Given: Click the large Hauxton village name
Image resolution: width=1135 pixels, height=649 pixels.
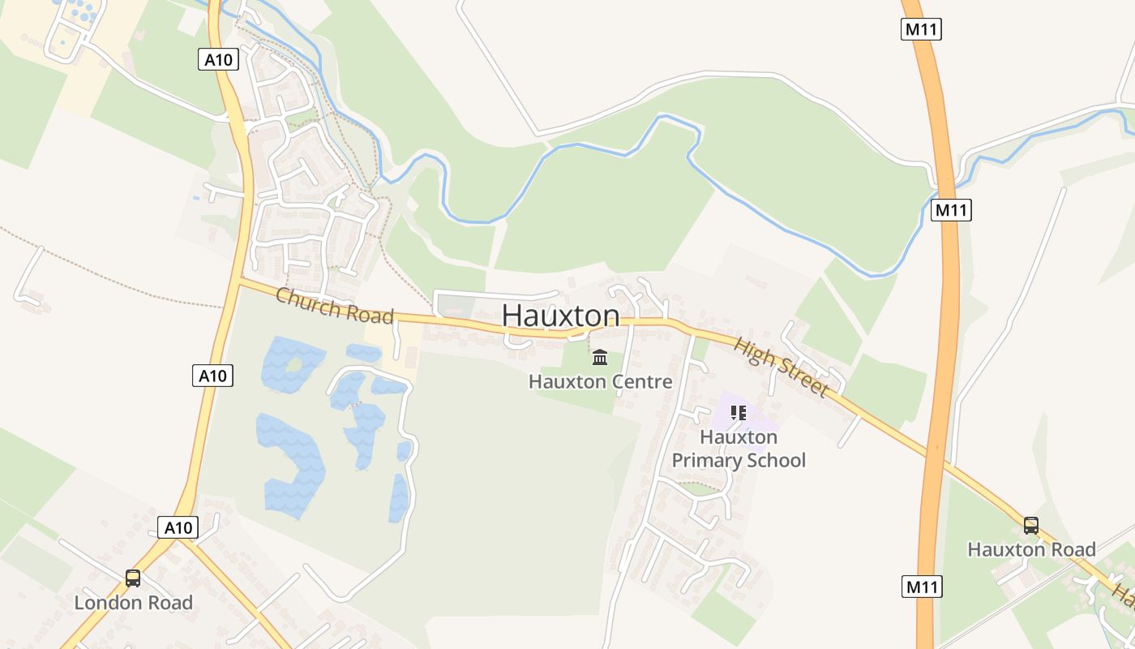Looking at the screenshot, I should click(561, 316).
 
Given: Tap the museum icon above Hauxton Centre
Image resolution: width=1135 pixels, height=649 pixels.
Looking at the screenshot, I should click(600, 357).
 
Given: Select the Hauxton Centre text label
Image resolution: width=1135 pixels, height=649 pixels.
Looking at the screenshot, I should click(600, 381).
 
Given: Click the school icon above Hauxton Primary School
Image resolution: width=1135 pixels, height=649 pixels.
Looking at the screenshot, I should click(738, 413).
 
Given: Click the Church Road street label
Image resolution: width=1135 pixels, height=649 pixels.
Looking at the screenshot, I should click(334, 306).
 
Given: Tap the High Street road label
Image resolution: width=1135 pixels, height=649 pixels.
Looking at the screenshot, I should click(782, 367).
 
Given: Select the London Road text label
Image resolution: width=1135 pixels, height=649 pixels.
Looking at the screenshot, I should click(134, 603).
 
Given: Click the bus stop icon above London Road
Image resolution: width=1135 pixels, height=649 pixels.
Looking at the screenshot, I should click(133, 578).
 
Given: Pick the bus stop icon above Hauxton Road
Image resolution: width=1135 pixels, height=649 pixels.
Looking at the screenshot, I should click(1031, 525).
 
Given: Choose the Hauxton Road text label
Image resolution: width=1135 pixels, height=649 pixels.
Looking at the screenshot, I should click(1031, 549).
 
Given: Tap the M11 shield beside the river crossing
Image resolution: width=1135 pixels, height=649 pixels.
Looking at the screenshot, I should click(951, 210).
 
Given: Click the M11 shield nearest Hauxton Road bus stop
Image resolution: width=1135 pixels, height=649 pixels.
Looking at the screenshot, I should click(922, 587).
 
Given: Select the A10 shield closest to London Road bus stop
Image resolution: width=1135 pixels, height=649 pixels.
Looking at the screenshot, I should click(178, 527).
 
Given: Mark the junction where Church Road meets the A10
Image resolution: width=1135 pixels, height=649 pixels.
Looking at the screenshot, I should click(241, 281).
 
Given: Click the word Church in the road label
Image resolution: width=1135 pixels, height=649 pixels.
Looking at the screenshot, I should click(305, 299).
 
